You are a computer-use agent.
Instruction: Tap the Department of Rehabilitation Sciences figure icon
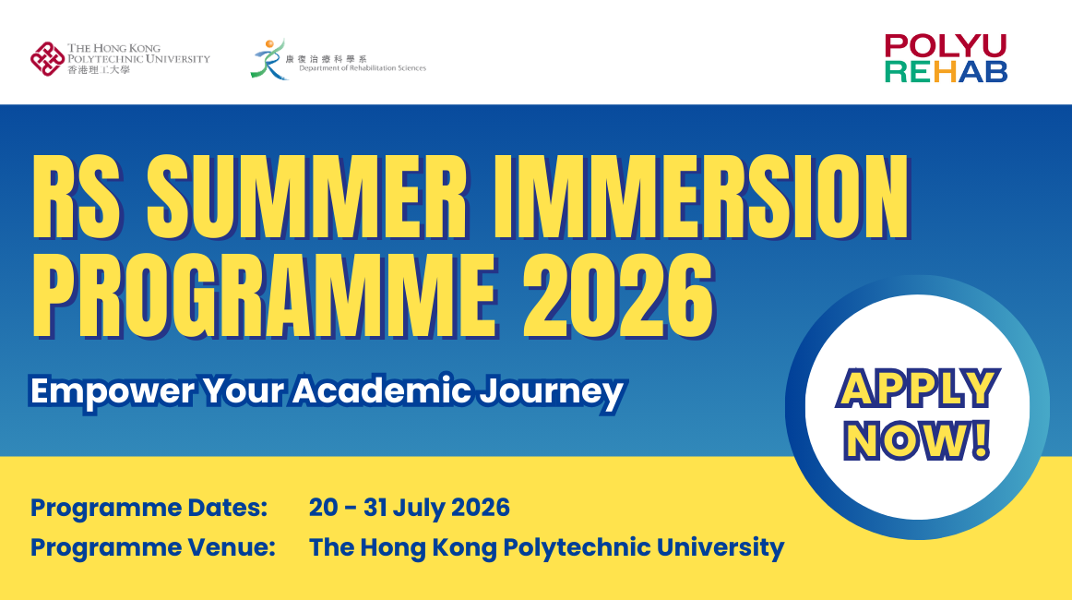click(x=268, y=58)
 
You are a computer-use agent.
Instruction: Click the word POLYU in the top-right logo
click(x=946, y=46)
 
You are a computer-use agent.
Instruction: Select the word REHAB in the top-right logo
click(x=946, y=72)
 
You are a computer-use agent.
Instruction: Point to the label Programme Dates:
click(x=149, y=508)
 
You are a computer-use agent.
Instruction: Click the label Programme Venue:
click(x=153, y=547)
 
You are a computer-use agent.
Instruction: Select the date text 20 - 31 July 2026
click(x=410, y=508)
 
